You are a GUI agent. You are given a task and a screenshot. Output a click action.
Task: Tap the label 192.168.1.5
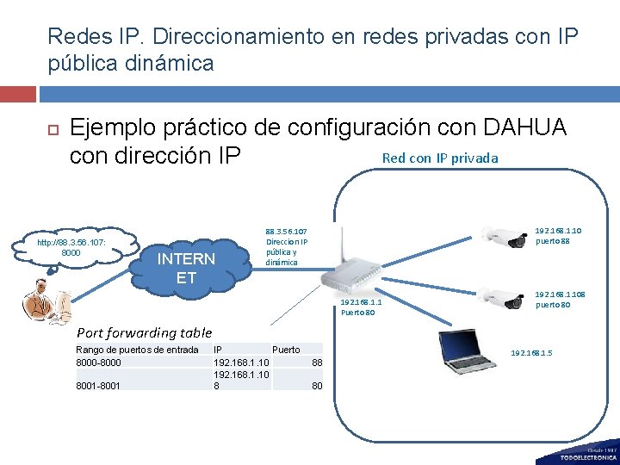[x=533, y=353]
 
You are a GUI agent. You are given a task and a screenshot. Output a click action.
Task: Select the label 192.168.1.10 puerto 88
[x=558, y=235]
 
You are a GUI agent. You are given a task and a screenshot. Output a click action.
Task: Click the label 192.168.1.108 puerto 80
[x=561, y=300]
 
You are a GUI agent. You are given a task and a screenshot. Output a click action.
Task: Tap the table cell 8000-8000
[x=99, y=363]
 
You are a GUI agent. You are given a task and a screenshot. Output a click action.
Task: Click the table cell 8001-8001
[x=99, y=386]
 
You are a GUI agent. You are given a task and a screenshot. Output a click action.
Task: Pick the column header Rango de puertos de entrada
[x=138, y=350]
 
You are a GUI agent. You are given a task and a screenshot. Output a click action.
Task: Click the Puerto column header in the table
[x=286, y=350]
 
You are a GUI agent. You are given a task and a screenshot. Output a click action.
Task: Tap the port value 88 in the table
[x=317, y=363]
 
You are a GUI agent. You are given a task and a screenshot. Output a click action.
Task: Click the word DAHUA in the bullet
[x=525, y=127]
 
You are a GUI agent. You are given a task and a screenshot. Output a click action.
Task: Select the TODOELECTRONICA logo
[x=589, y=455]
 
